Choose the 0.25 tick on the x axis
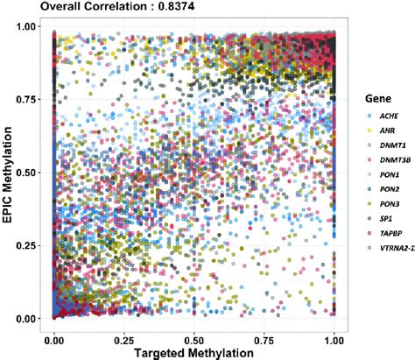pos(124,336)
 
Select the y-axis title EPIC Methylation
pos(8,173)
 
